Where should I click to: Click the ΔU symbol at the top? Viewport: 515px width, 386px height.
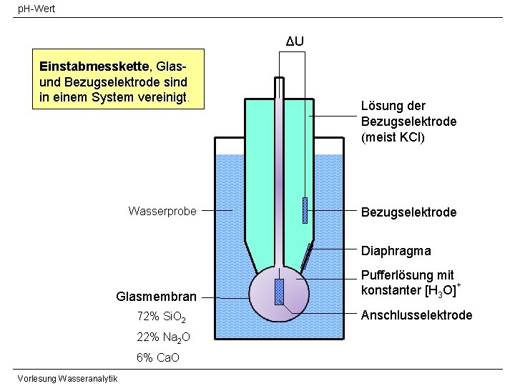295,41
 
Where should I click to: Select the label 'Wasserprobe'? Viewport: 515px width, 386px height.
162,211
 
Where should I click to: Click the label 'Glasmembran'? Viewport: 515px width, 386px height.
156,297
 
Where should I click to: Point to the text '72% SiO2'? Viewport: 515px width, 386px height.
161,317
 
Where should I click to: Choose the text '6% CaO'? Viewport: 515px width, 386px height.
157,358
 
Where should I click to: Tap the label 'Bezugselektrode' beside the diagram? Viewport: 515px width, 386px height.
408,212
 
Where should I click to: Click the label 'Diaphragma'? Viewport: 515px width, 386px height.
396,251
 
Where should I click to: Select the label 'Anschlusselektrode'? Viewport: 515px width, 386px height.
416,315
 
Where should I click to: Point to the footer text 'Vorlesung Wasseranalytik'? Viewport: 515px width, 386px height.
68,378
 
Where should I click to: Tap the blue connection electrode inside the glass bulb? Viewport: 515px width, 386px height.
279,292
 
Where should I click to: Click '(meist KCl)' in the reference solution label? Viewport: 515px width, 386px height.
393,137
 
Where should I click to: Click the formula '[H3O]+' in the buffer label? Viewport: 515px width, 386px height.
438,290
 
